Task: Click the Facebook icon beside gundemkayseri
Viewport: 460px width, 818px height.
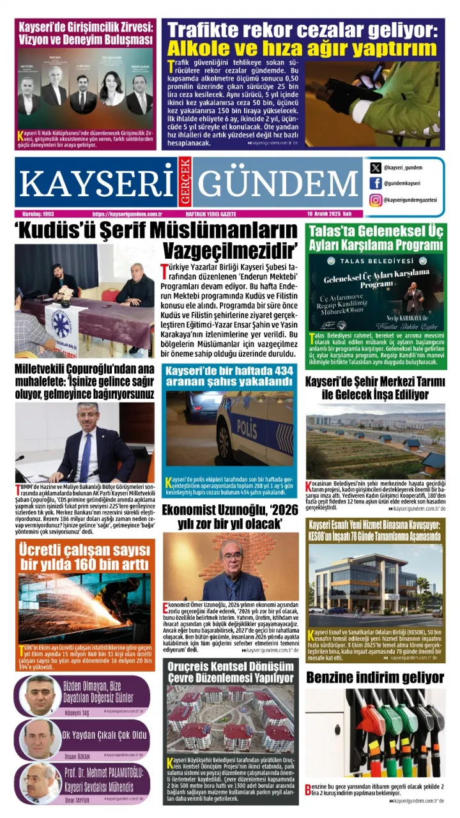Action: pos(376,183)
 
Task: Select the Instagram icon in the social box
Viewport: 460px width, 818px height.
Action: pos(376,200)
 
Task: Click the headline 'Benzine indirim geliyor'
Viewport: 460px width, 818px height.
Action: pos(374,677)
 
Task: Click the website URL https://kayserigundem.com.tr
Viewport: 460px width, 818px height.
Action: pos(127,215)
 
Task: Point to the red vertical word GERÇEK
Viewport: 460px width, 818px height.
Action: pos(185,181)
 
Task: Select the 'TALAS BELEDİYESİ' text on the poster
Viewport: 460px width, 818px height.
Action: pos(374,261)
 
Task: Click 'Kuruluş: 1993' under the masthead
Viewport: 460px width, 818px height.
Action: pos(36,215)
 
